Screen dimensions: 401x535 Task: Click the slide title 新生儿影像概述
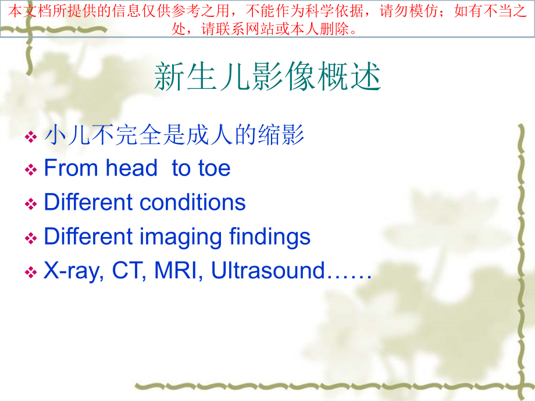point(267,77)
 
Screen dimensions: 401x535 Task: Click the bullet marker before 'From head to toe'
point(31,170)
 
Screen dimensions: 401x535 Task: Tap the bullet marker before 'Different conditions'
point(31,204)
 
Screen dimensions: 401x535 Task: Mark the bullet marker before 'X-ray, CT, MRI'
point(31,272)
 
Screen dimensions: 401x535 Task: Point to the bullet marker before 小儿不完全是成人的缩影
point(31,137)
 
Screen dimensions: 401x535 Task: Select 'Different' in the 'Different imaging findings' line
point(88,237)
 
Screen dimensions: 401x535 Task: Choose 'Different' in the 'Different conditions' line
point(88,202)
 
